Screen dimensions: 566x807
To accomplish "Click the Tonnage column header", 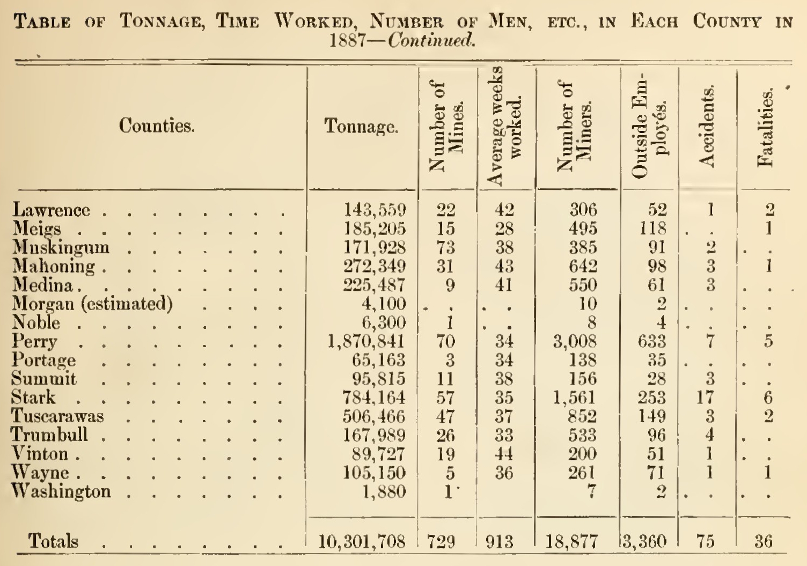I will (x=361, y=127).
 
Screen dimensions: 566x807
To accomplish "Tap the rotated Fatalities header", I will (x=765, y=128).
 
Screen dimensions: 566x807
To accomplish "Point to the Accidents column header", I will (x=707, y=127).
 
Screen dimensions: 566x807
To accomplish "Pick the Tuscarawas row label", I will (x=58, y=416).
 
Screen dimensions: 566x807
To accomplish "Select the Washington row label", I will (x=62, y=491).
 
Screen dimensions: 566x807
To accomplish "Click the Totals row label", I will (x=53, y=541).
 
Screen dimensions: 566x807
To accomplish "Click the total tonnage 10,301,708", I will (x=362, y=541).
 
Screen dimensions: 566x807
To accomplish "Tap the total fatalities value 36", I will (x=763, y=541).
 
